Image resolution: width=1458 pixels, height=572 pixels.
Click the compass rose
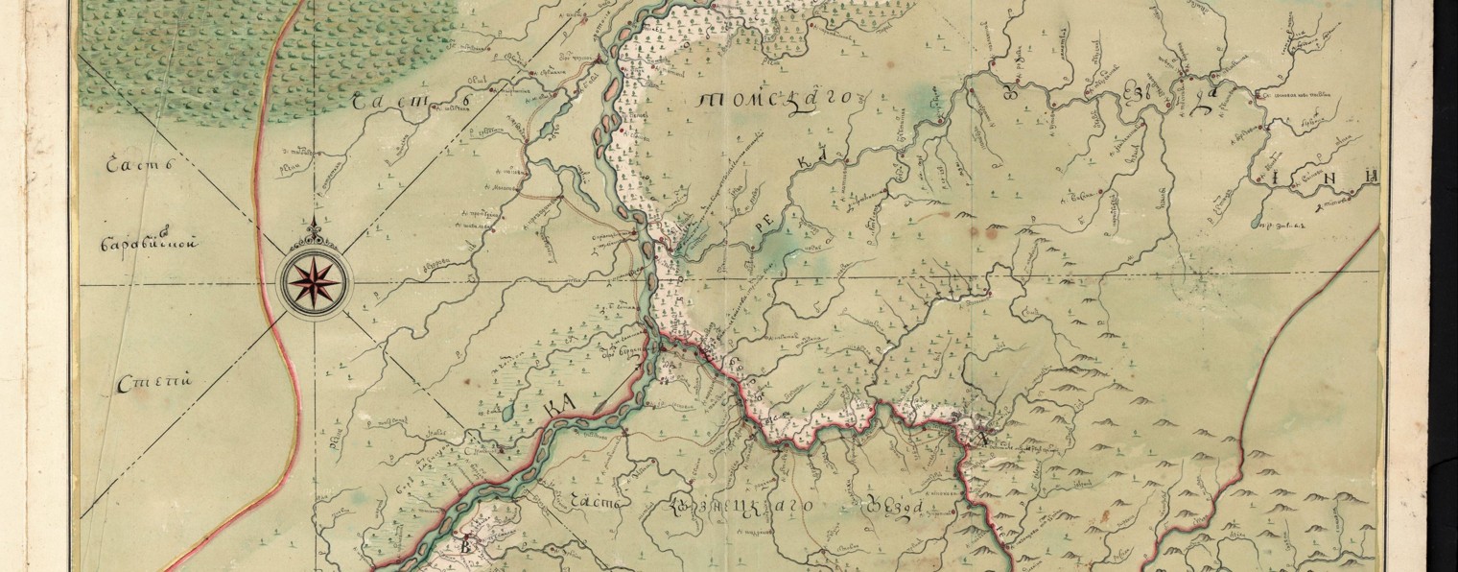[314, 279]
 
